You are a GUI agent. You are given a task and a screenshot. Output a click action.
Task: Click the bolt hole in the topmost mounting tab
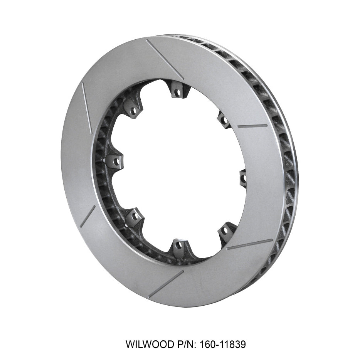(177, 93)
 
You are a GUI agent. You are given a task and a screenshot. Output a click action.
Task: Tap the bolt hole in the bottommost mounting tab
(178, 245)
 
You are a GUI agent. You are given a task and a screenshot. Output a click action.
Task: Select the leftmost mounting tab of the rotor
(114, 161)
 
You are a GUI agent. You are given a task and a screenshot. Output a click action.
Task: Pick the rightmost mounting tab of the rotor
(243, 177)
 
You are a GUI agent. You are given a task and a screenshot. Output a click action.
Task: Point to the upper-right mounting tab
(224, 119)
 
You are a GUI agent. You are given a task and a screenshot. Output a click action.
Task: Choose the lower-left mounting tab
(134, 217)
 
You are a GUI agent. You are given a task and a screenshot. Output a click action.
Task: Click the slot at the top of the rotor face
(165, 59)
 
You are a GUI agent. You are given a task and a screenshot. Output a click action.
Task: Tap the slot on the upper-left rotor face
(87, 108)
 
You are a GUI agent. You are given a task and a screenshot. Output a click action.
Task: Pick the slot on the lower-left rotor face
(87, 216)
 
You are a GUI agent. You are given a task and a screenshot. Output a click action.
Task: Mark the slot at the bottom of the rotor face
(166, 283)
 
